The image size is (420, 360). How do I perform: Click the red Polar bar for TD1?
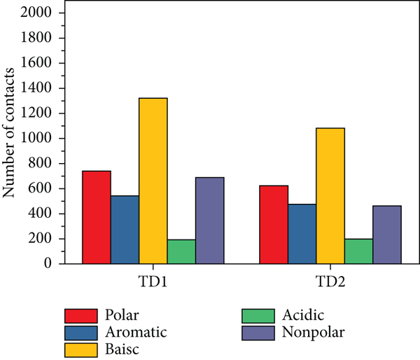click(97, 217)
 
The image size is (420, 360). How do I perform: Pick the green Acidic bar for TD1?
click(181, 251)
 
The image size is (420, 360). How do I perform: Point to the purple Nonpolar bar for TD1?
click(209, 221)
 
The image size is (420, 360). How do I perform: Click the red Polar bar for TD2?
click(274, 224)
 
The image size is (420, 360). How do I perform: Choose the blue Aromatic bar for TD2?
click(302, 234)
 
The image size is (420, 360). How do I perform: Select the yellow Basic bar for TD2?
click(330, 195)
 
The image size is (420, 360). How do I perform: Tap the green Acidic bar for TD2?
click(358, 251)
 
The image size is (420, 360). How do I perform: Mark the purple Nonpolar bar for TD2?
click(386, 235)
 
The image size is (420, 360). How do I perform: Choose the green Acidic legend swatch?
click(256, 314)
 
